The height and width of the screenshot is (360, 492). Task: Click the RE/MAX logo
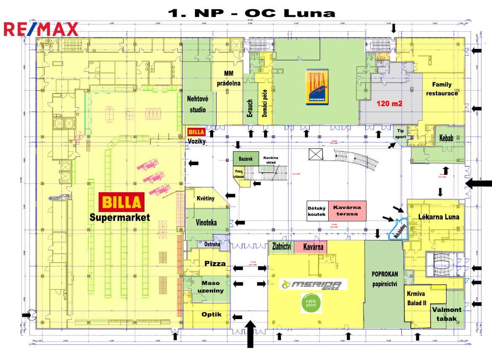pos(41,29)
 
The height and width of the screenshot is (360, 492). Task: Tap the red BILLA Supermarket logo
pos(121,202)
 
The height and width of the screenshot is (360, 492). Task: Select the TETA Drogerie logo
pos(317,86)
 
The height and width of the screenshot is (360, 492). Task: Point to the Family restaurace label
pos(441,89)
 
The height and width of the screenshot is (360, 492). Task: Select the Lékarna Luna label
pos(438,217)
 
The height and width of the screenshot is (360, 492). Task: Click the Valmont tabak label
pos(447,314)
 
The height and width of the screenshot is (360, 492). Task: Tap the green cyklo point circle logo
pos(311,304)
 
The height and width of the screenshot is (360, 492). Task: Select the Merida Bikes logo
pos(314,284)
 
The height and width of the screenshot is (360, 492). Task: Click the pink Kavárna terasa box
pos(347,210)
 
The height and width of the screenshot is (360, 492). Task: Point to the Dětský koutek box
pos(317,211)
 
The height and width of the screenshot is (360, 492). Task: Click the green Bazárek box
pos(246,159)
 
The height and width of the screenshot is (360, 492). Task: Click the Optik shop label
pos(209,314)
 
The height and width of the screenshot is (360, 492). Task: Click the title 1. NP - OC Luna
pos(251,12)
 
